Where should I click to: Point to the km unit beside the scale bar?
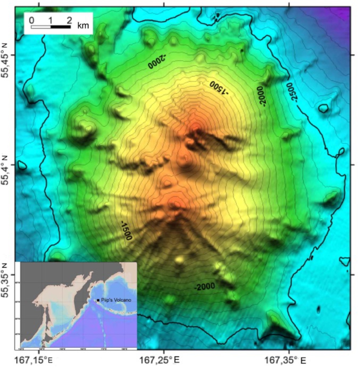click(x=83, y=26)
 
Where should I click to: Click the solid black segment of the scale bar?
click(x=60, y=27)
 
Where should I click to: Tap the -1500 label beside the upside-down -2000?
click(x=219, y=87)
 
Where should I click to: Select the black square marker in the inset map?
click(x=98, y=300)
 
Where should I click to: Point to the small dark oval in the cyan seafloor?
click(x=318, y=309)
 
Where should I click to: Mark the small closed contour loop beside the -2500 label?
click(x=324, y=108)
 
